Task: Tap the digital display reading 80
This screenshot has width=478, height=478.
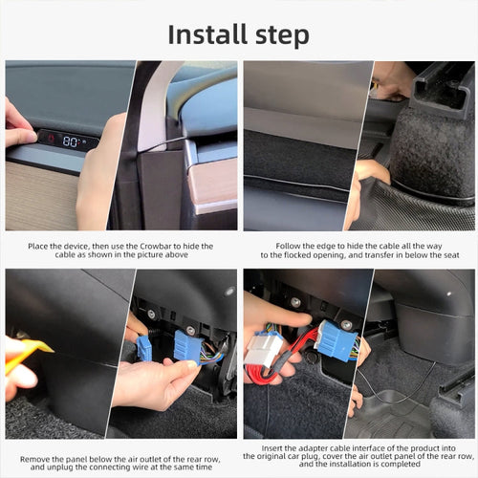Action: [70, 141]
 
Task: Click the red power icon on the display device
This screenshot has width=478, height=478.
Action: [49, 139]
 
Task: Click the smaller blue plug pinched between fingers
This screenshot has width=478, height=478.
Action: [144, 347]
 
